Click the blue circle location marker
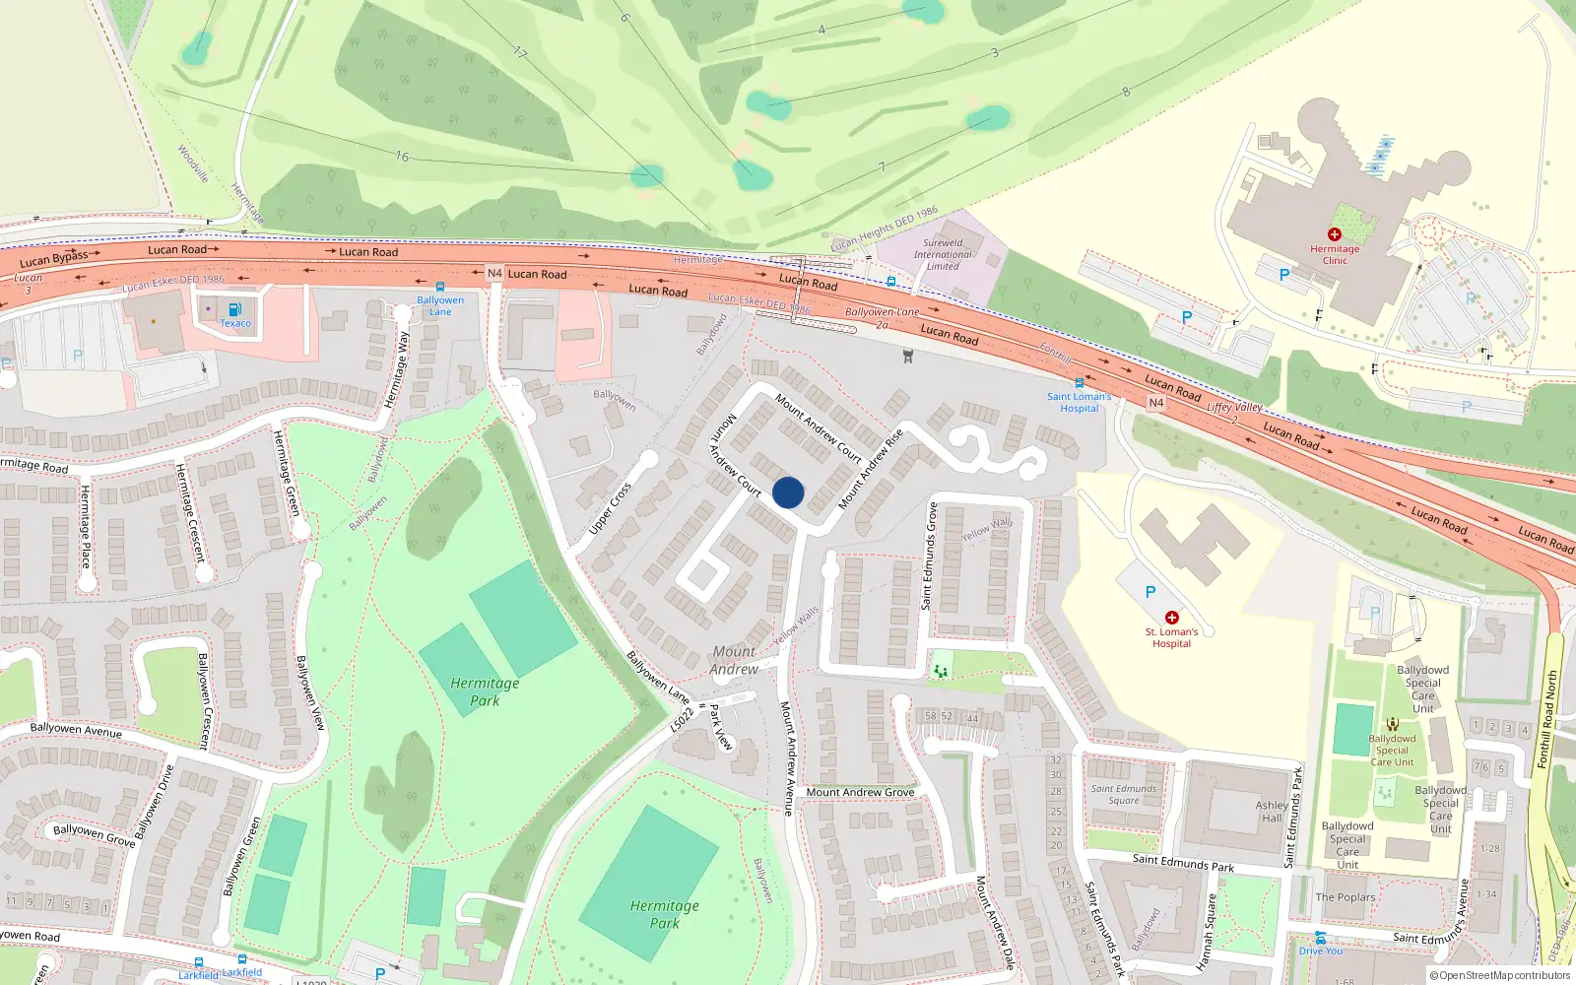pyautogui.click(x=788, y=492)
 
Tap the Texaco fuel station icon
pyautogui.click(x=234, y=310)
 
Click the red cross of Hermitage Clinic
pyautogui.click(x=1335, y=234)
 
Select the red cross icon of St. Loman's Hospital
pyautogui.click(x=1172, y=618)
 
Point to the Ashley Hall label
pyautogui.click(x=1272, y=812)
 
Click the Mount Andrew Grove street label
pyautogui.click(x=860, y=792)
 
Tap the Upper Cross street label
pyautogui.click(x=610, y=509)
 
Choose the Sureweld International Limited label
pyautogui.click(x=943, y=254)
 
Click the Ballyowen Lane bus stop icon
pyautogui.click(x=440, y=287)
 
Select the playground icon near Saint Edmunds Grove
pyautogui.click(x=942, y=671)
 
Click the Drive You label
pyautogui.click(x=1320, y=951)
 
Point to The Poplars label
pyautogui.click(x=1345, y=897)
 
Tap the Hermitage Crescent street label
pyautogui.click(x=188, y=512)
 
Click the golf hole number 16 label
pyautogui.click(x=402, y=157)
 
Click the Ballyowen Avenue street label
pyautogui.click(x=76, y=730)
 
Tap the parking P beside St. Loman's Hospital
pyautogui.click(x=1149, y=592)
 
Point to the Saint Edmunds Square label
pyautogui.click(x=1124, y=794)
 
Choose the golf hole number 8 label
pyautogui.click(x=1126, y=92)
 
